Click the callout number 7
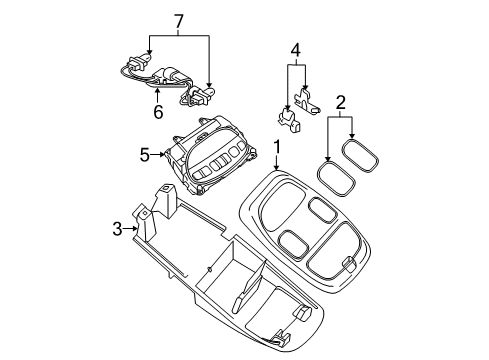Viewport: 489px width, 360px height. (x=179, y=21)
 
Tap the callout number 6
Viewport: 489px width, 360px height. (x=158, y=113)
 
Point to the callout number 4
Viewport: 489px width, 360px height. (x=295, y=49)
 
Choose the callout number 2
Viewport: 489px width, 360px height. (x=340, y=101)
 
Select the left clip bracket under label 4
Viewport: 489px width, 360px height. (x=288, y=120)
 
